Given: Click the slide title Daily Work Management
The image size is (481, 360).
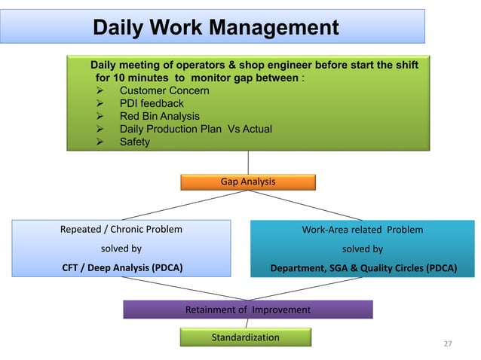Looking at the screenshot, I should (x=215, y=28).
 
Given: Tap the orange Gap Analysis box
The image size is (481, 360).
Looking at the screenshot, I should (x=247, y=182).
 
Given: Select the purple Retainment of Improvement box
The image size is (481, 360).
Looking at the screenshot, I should (x=247, y=310).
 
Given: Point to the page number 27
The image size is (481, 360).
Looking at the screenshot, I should (x=448, y=344).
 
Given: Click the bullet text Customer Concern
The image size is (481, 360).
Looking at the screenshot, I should (x=164, y=90).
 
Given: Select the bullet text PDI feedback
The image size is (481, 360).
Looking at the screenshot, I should (x=152, y=103).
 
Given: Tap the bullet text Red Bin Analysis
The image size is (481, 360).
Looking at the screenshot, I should (x=160, y=116).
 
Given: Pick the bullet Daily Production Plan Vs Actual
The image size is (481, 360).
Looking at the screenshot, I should (x=196, y=129).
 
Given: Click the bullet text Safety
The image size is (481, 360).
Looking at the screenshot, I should (x=135, y=142).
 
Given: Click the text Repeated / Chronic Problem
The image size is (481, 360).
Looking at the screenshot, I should (x=121, y=230).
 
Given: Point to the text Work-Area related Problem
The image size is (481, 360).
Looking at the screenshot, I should (x=362, y=230).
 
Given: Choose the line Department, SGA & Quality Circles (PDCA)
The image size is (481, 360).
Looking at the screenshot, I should (x=363, y=266).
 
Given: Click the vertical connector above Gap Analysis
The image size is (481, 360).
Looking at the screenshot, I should (x=248, y=163).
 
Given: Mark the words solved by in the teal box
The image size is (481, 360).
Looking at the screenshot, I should (x=363, y=248).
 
